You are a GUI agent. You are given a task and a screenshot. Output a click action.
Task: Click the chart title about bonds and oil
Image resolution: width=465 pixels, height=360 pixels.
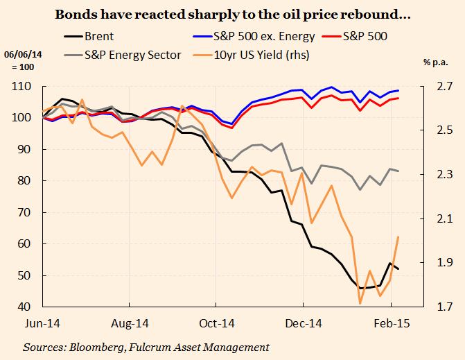click(232, 13)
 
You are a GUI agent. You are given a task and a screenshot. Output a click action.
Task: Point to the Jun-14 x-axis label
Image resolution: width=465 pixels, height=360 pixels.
click(42, 323)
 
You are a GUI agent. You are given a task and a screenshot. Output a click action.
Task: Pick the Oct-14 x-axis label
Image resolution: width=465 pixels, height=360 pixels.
click(216, 323)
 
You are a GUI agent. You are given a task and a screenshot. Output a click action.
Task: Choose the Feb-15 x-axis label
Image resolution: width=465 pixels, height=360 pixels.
click(391, 323)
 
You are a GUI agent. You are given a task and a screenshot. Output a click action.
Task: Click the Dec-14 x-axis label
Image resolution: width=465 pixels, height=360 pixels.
click(304, 323)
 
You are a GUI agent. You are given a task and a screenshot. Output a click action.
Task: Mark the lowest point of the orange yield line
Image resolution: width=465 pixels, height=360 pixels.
click(360, 303)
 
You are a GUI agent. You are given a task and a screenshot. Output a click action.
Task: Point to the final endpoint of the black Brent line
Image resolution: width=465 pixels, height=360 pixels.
click(398, 269)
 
